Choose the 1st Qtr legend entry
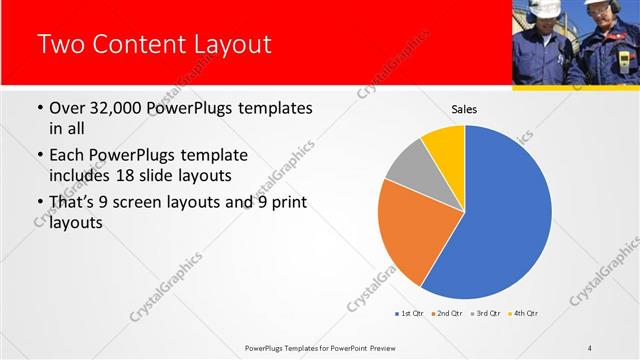(409, 314)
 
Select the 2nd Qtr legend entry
(446, 314)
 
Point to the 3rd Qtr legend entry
(486, 314)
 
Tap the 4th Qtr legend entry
(524, 314)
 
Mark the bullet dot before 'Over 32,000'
(39, 108)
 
